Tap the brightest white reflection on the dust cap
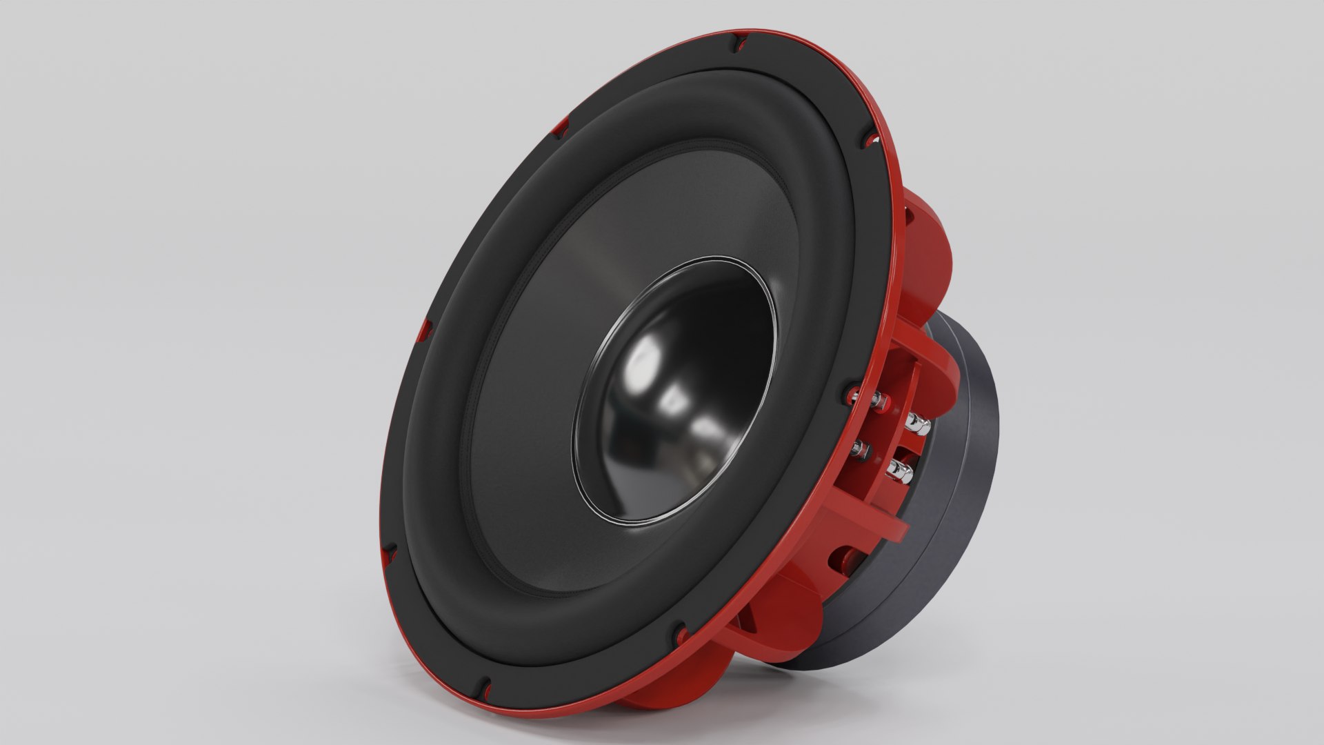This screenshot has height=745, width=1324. (x=645, y=359)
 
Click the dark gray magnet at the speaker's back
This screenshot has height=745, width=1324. (x=965, y=483)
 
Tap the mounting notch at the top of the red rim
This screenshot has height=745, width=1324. (x=738, y=43)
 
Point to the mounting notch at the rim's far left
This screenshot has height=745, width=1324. (x=425, y=330)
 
